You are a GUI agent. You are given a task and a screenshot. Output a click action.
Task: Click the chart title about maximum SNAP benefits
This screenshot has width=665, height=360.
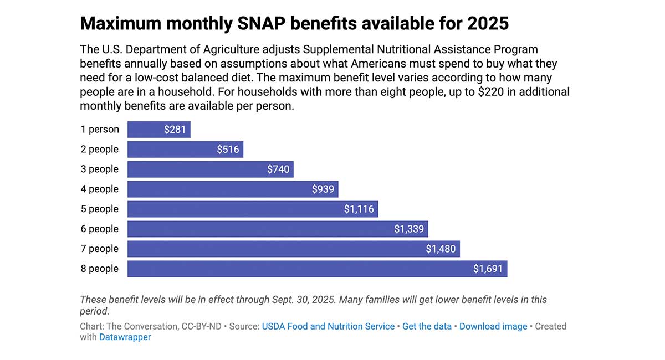click(294, 24)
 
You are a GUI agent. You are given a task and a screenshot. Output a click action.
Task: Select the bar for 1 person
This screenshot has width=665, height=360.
click(159, 130)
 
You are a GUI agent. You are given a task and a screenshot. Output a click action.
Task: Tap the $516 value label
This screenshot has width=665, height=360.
click(228, 150)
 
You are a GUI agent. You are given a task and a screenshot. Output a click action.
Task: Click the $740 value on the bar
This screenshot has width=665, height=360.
click(278, 169)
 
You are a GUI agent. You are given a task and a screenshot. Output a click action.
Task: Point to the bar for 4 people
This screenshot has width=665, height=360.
click(233, 189)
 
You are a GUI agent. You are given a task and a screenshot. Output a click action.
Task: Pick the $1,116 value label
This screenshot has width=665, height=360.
click(359, 209)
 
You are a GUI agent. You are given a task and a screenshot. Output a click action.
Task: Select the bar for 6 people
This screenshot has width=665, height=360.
click(277, 229)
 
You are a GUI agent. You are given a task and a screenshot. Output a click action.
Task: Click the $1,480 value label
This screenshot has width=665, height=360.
click(441, 249)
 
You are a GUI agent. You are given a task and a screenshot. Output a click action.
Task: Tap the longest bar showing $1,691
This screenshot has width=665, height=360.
click(317, 269)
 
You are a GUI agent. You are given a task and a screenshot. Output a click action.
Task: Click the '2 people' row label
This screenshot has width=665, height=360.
click(100, 150)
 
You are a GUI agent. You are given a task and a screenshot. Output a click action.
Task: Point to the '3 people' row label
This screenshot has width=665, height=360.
click(100, 169)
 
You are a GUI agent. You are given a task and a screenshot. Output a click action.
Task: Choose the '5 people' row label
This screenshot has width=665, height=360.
click(100, 209)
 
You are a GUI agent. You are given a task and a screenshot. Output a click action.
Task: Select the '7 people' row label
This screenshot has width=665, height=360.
click(100, 249)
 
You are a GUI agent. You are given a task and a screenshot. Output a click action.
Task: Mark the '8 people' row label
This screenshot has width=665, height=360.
click(100, 269)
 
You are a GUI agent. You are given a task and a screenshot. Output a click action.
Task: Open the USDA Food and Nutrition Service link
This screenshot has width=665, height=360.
click(328, 327)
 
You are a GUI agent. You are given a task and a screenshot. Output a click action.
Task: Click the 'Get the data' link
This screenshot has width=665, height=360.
click(427, 327)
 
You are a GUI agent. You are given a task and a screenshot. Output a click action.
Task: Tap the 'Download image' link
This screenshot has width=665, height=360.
click(493, 327)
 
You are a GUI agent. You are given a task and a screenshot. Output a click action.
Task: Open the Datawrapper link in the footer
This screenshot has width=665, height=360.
click(125, 337)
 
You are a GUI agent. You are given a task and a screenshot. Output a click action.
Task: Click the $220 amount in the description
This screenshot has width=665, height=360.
click(487, 92)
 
